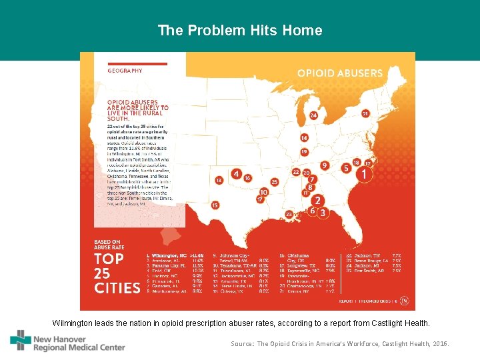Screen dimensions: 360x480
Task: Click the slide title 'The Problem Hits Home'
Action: click(x=240, y=31)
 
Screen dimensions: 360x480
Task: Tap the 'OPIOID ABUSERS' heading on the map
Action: click(x=339, y=73)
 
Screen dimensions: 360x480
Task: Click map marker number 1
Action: click(x=363, y=175)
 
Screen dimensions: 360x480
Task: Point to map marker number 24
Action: click(x=313, y=115)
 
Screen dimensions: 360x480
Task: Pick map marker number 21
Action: click(x=365, y=114)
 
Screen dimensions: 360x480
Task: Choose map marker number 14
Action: click(x=304, y=138)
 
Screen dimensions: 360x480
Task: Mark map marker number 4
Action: click(x=236, y=174)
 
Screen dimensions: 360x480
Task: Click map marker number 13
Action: click(x=218, y=180)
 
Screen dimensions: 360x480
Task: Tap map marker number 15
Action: click(x=215, y=205)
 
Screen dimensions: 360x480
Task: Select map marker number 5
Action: click(x=346, y=169)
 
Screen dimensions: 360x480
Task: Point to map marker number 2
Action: click(x=318, y=200)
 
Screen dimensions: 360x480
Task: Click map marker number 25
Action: click(x=274, y=182)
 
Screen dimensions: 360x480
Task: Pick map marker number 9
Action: click(x=325, y=165)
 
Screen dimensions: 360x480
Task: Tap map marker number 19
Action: click(x=304, y=152)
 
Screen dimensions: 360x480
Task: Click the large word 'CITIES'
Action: click(x=117, y=288)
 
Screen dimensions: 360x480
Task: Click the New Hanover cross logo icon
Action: click(x=20, y=340)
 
